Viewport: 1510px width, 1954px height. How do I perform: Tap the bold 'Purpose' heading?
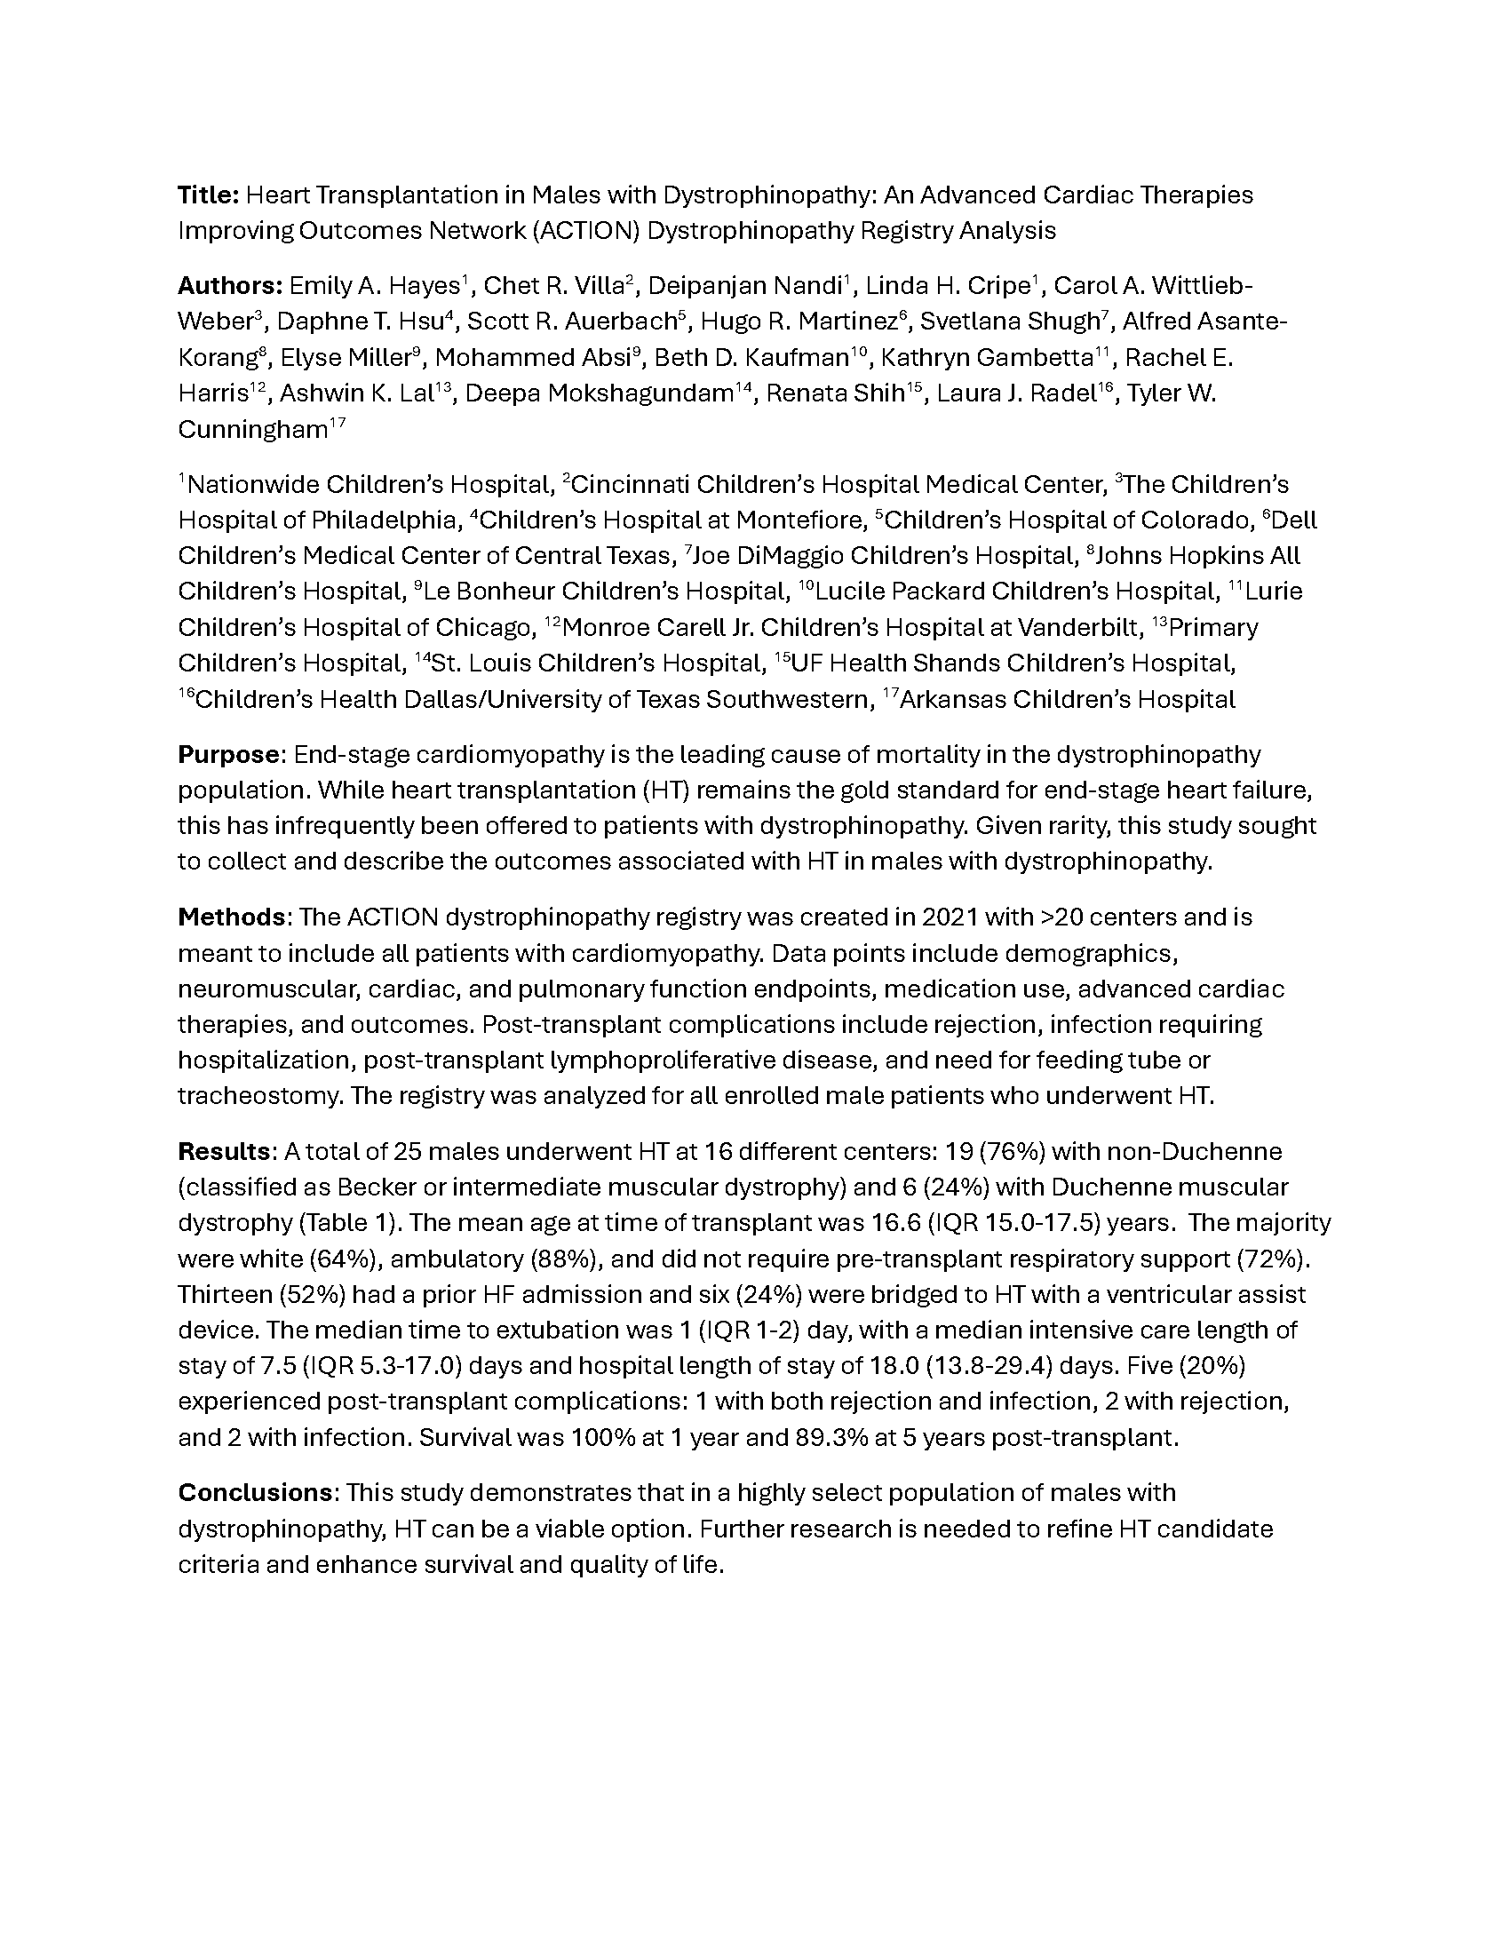click(x=229, y=754)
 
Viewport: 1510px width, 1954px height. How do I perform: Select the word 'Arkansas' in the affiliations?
click(x=950, y=700)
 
